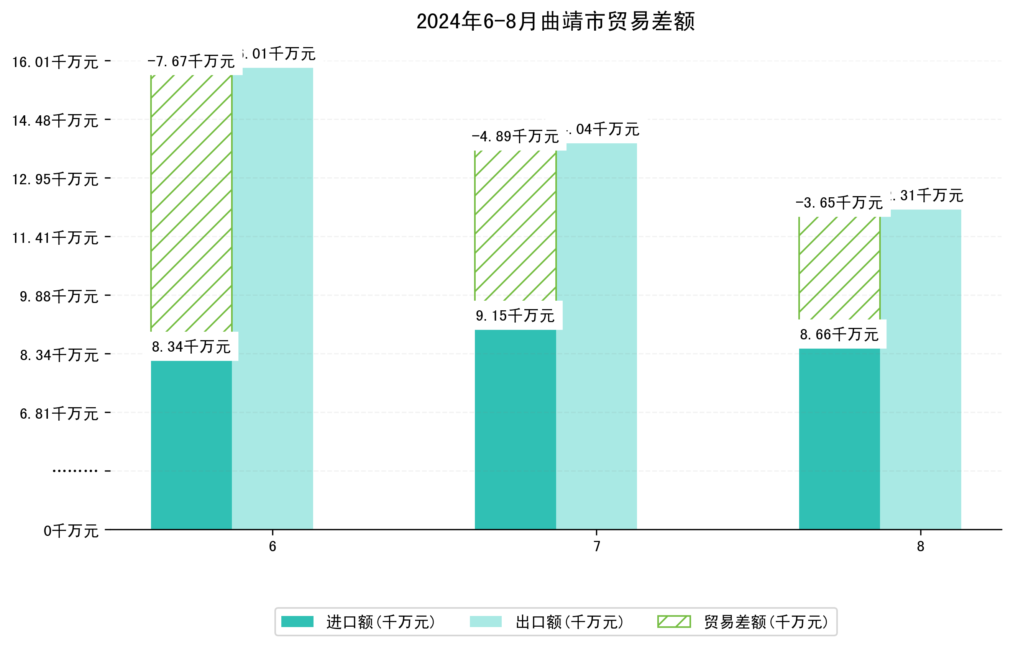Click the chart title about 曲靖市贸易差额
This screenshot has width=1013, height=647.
pyautogui.click(x=555, y=21)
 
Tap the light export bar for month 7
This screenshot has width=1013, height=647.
pyautogui.click(x=596, y=336)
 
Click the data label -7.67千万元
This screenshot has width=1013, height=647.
pyautogui.click(x=191, y=62)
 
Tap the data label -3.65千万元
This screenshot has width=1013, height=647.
pyautogui.click(x=839, y=203)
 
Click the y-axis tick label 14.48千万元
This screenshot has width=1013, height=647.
pyautogui.click(x=55, y=121)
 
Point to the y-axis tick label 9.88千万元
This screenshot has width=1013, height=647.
pyautogui.click(x=59, y=297)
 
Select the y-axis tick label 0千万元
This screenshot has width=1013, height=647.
pyautogui.click(x=71, y=531)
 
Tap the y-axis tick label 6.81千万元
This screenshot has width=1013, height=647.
pyautogui.click(x=59, y=414)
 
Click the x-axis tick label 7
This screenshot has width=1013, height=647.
pyautogui.click(x=596, y=547)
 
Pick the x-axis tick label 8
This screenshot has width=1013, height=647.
pyautogui.click(x=921, y=547)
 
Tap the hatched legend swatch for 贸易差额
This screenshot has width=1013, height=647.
pyautogui.click(x=674, y=622)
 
